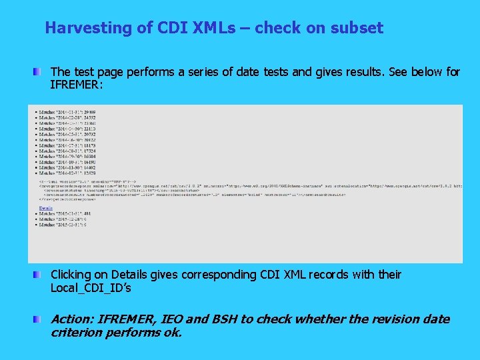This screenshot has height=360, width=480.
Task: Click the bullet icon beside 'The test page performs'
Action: pos(41,71)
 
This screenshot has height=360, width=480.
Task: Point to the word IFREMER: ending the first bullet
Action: pos(76,85)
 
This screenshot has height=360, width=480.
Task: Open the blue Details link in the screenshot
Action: pos(45,208)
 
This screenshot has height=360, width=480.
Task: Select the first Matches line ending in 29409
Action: pos(67,111)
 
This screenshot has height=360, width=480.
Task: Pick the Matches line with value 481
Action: pos(65,213)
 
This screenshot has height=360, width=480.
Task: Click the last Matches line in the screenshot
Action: pos(64,225)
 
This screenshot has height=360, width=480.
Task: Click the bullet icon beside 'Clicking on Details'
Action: pos(41,275)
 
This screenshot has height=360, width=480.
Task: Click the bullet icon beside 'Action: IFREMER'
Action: pos(41,319)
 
